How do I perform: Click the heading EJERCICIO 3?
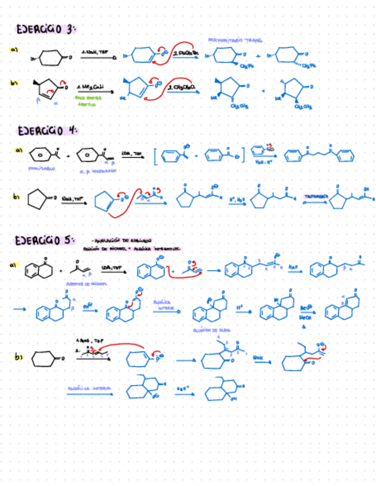(x=46, y=29)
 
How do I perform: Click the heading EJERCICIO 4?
(x=46, y=131)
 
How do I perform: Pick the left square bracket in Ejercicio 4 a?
(x=155, y=156)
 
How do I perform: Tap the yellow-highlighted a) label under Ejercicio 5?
(x=12, y=265)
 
